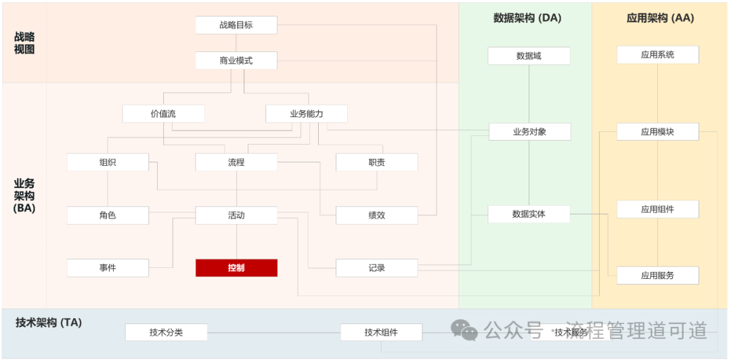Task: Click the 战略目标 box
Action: [x=236, y=25]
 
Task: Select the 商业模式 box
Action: [x=236, y=60]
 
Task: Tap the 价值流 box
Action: [x=163, y=114]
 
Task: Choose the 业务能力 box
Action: [x=307, y=114]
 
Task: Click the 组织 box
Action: [x=108, y=162]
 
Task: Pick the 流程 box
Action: [x=236, y=162]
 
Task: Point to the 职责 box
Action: [x=377, y=162]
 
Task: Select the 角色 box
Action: [x=108, y=215]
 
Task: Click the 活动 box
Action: [x=236, y=215]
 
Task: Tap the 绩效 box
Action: [x=377, y=215]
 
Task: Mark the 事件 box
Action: [x=108, y=268]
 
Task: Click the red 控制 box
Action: [x=236, y=268]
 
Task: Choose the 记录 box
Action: [x=377, y=268]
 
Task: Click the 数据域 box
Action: [x=529, y=56]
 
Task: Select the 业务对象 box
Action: [x=529, y=132]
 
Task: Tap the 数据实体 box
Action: [x=529, y=214]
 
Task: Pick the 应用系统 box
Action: [x=657, y=55]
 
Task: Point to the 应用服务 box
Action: [x=657, y=275]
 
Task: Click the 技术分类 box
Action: [x=167, y=332]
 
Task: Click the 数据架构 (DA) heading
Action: [x=527, y=18]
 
